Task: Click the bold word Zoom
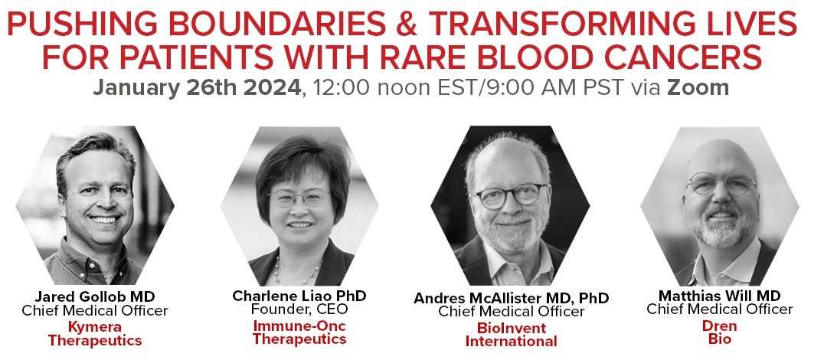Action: [698, 87]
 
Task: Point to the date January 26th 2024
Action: [197, 87]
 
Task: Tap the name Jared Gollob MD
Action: [95, 296]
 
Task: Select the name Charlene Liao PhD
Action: [299, 296]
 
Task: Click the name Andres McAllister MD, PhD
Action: [512, 298]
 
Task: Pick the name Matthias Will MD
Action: [719, 295]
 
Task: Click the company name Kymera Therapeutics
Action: [95, 334]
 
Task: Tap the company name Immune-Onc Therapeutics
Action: [299, 332]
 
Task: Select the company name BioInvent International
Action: [511, 335]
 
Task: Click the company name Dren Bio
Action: [719, 332]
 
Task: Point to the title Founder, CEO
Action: [299, 309]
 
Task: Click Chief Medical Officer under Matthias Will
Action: [719, 309]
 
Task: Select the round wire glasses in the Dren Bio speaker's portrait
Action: [721, 183]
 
